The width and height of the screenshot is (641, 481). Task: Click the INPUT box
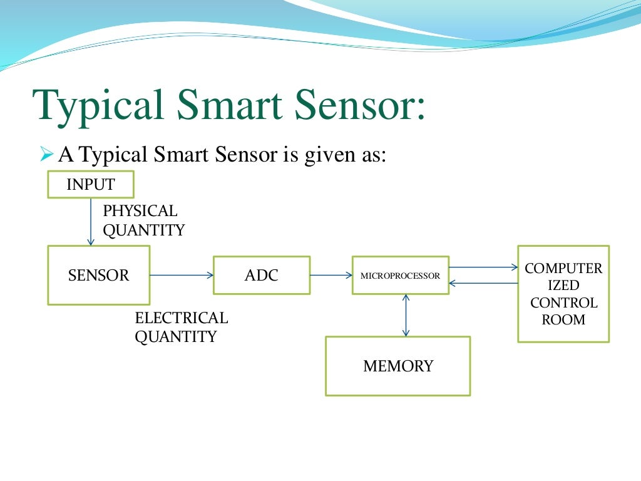(91, 184)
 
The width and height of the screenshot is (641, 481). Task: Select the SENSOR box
(99, 275)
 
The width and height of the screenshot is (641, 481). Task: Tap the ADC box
(262, 275)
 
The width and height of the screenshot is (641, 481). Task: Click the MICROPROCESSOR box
(401, 275)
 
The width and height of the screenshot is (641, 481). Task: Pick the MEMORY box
(398, 366)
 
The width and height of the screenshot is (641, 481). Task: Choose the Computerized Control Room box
(563, 293)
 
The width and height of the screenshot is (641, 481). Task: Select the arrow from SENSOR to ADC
(182, 275)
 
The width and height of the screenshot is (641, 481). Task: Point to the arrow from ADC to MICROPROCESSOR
(331, 275)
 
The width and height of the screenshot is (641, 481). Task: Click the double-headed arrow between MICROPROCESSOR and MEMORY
(406, 315)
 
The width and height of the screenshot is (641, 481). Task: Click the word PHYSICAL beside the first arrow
(140, 211)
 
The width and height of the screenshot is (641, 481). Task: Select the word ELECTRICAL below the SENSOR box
(182, 318)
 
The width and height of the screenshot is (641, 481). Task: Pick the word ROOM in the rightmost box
(563, 319)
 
